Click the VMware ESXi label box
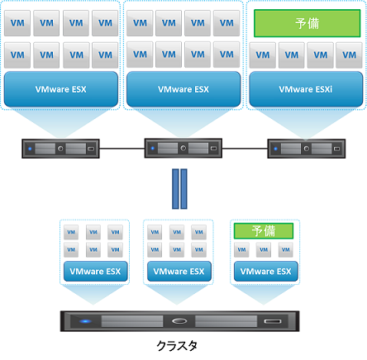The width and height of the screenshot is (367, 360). [306, 88]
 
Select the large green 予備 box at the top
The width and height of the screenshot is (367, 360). [306, 23]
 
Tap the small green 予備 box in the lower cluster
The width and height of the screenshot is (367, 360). [264, 230]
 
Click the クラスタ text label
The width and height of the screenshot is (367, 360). [179, 344]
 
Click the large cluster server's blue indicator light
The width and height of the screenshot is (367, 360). [84, 320]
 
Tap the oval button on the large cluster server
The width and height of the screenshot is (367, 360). [181, 320]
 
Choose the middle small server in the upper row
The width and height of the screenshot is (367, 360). [183, 149]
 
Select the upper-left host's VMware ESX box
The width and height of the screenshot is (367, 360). [60, 88]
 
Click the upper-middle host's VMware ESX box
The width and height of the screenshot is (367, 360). [183, 88]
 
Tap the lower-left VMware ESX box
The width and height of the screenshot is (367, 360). [93, 271]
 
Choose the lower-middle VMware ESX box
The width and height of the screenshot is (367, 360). [176, 271]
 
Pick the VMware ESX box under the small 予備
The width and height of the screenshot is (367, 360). [264, 271]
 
